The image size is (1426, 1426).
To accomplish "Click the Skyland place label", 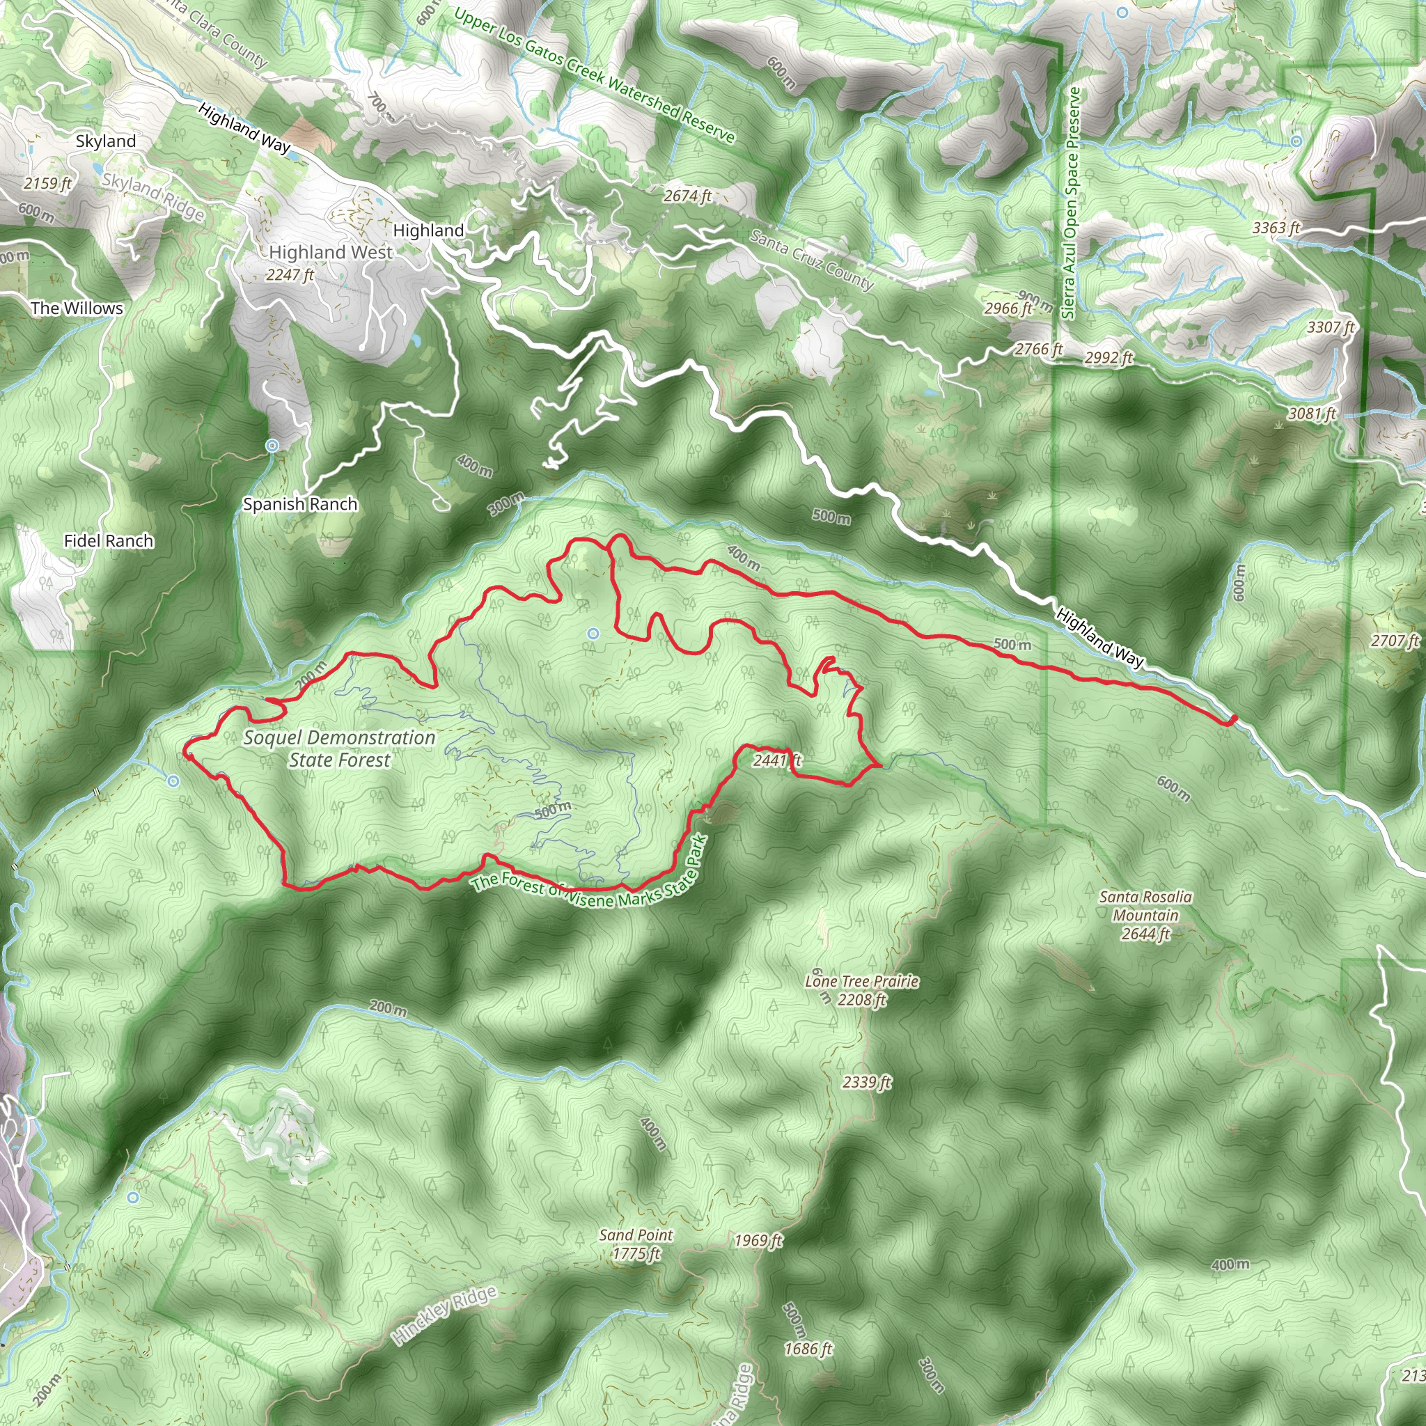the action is (106, 141).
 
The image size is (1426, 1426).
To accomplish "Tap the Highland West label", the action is (331, 253).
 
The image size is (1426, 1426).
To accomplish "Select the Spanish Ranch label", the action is (300, 504).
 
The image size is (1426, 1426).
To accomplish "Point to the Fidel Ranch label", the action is (109, 541).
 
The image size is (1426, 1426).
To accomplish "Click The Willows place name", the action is (77, 308).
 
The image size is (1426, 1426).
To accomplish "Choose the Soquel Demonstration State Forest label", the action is (340, 749).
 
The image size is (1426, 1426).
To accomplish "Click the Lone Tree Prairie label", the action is (861, 982).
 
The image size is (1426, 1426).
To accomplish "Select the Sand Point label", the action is (636, 1235).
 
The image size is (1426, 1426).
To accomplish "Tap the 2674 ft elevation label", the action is (687, 196).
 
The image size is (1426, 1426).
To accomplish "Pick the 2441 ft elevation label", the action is (776, 760).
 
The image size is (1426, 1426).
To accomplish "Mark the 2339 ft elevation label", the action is (866, 1082).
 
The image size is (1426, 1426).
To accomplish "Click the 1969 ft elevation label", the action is (758, 1241).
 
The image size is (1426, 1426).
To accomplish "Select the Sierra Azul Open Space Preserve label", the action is (1071, 203).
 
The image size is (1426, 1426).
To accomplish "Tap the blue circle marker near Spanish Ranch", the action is (272, 445).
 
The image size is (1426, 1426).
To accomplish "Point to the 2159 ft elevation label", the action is (47, 183).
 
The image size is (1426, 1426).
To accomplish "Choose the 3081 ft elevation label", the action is (1312, 414).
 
